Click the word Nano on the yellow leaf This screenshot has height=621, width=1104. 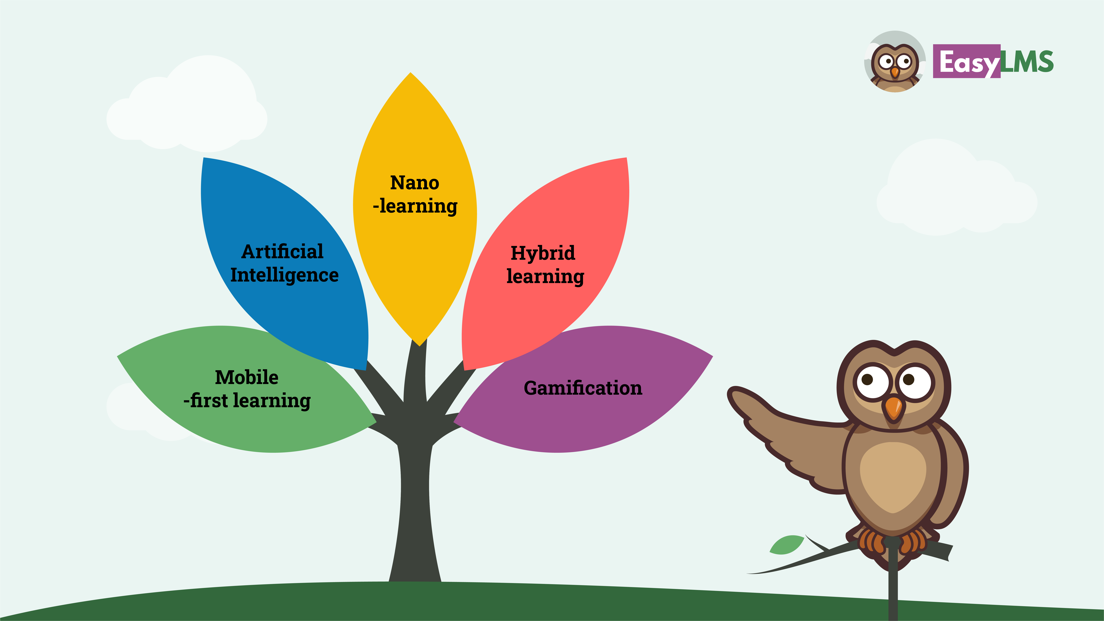tap(414, 183)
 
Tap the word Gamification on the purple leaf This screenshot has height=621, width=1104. tap(583, 388)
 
